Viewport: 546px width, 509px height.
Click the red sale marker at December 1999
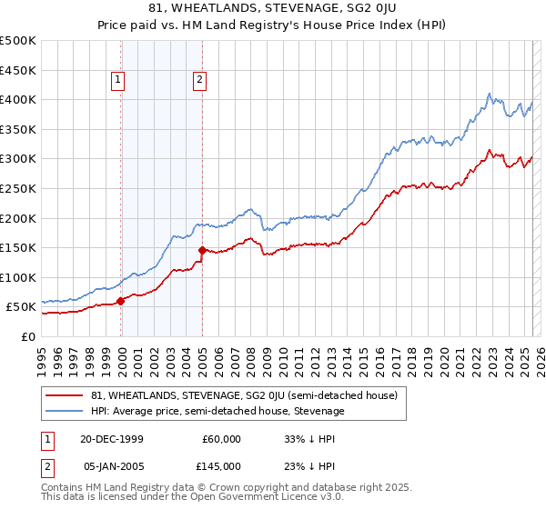[x=121, y=301]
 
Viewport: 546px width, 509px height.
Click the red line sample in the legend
[x=66, y=396]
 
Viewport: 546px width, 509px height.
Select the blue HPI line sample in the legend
[x=66, y=412]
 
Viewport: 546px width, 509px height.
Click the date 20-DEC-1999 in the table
[x=112, y=439]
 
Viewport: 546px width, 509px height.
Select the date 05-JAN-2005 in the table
[x=112, y=465]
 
